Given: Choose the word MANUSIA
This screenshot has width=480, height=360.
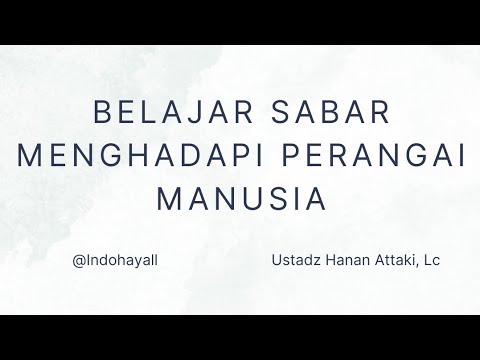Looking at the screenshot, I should pos(241,197).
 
